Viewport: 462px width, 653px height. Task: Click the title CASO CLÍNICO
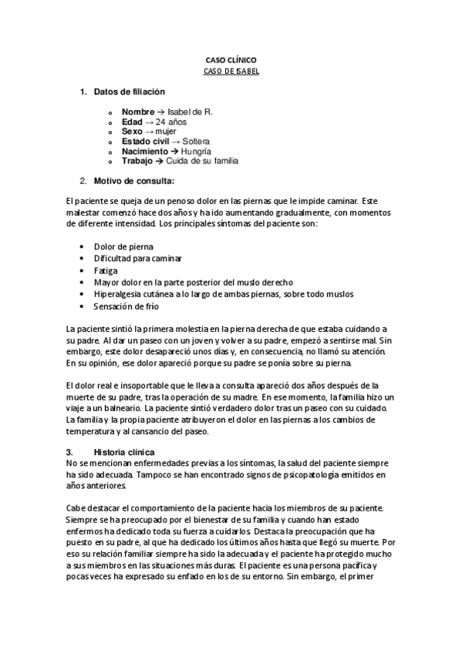[x=231, y=59]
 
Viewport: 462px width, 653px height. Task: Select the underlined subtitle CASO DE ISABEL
[x=231, y=71]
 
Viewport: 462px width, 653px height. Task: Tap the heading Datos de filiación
[x=130, y=92]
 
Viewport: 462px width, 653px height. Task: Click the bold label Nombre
[x=138, y=112]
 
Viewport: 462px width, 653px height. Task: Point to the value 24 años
[x=171, y=122]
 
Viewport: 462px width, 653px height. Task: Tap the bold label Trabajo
[x=138, y=162]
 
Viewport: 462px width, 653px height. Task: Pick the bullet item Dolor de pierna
[x=123, y=246]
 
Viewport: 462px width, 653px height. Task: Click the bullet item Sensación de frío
[x=126, y=306]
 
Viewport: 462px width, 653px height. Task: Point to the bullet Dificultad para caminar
[x=138, y=259]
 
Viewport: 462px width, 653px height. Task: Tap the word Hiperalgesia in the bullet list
[x=117, y=294]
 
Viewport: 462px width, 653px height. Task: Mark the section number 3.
[x=69, y=451]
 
